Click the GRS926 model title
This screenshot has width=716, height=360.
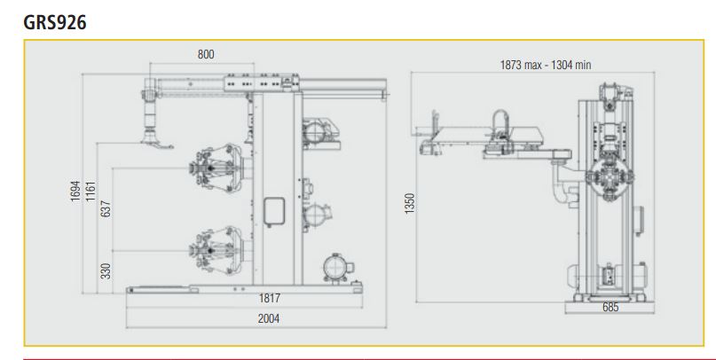55,22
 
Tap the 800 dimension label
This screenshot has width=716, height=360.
206,54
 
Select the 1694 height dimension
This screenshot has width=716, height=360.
75,192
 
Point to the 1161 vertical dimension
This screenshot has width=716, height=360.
90,192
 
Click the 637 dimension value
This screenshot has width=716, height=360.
106,208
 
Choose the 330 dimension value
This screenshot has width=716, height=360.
106,271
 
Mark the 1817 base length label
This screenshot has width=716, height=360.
270,298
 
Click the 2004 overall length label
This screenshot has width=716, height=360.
269,318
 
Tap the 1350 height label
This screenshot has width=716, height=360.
410,203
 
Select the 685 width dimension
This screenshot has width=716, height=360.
610,307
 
